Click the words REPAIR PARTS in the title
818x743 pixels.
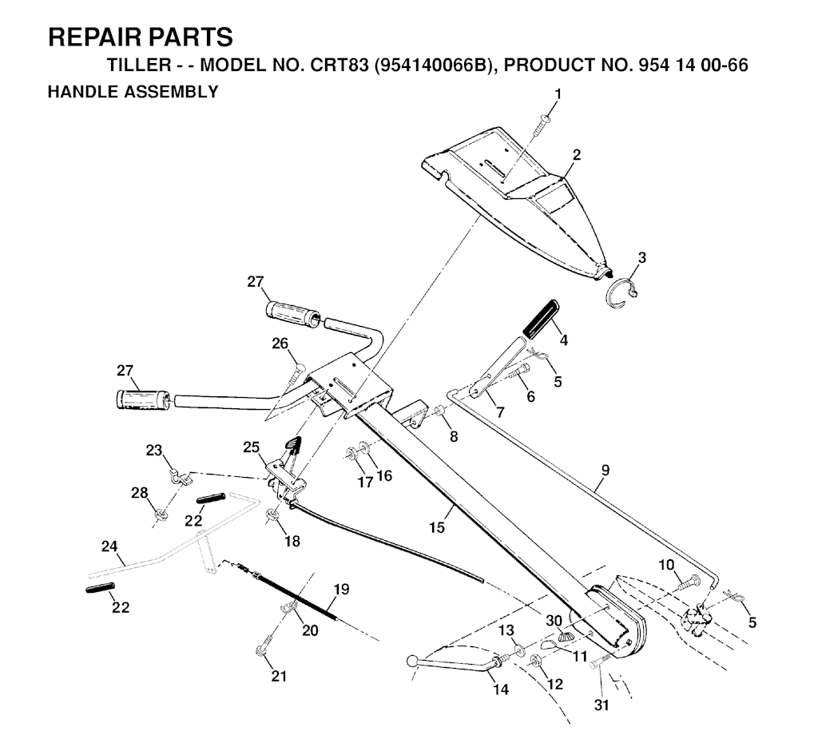[141, 38]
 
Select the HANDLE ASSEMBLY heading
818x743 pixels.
[133, 92]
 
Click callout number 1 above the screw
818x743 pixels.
[558, 94]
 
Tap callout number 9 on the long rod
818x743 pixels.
[605, 470]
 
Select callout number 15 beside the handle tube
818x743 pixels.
[437, 527]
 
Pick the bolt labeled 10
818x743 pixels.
[689, 582]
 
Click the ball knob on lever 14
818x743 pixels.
[412, 661]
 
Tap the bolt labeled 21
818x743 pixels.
[264, 645]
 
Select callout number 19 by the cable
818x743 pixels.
[341, 590]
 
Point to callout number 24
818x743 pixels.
[109, 546]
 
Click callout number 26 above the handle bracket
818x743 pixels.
[280, 344]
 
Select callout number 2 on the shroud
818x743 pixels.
[577, 155]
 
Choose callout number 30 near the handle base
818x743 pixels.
[554, 621]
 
